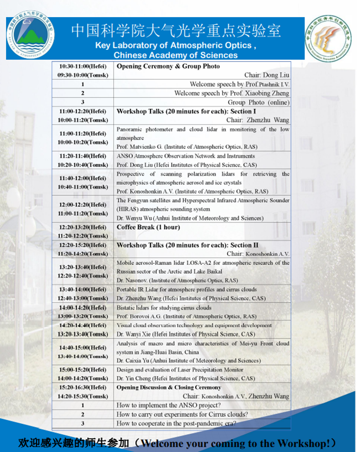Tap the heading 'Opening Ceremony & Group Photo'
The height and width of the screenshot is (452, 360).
pos(168,66)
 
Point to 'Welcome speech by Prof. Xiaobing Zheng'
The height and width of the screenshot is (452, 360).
pos(232,93)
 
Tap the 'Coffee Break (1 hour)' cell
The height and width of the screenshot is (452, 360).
pos(141,227)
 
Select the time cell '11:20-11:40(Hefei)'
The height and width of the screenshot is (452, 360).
pos(83,156)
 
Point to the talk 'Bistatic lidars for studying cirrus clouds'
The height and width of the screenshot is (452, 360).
pos(164,308)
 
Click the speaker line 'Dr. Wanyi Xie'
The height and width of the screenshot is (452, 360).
pos(186,334)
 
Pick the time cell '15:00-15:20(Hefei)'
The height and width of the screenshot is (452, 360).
pos(83,370)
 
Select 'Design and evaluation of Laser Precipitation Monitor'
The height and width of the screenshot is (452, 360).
pos(179,370)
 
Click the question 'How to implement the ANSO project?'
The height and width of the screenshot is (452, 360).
pos(167,406)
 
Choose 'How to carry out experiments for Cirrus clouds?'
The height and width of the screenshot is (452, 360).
pos(182,414)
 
